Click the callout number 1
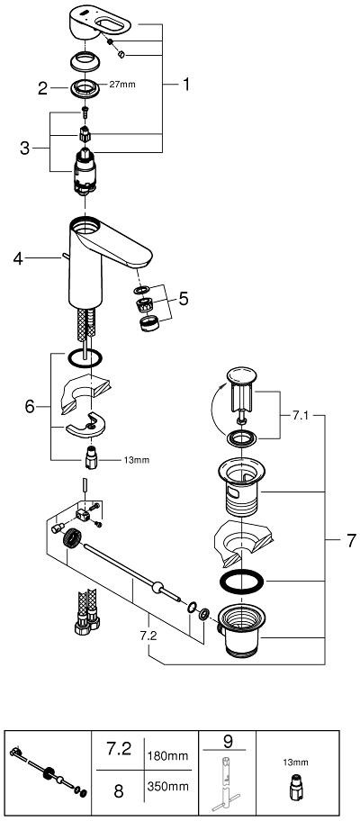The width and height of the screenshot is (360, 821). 185,85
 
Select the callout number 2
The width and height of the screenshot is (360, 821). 43,88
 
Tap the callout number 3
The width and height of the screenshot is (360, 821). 24,149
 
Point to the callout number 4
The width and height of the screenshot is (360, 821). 18,258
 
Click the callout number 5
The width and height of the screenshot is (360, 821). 184,299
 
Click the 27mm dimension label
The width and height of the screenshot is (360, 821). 121,85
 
